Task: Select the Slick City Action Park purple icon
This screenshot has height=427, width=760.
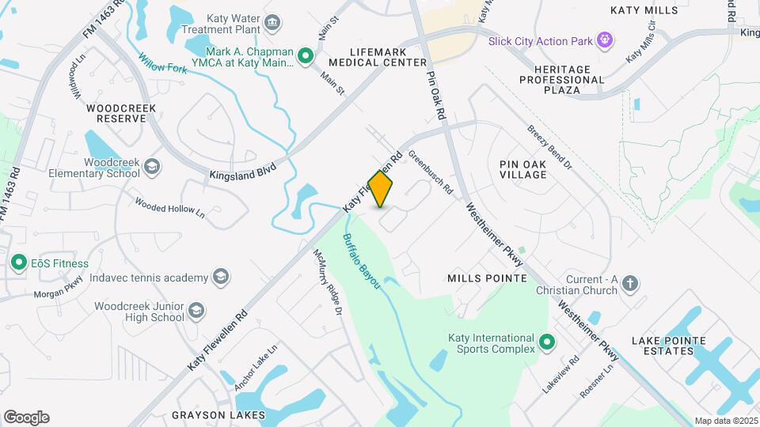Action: click(x=606, y=39)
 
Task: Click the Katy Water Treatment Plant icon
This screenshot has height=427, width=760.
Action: click(x=274, y=22)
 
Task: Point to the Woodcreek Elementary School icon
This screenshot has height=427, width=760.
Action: click(x=152, y=167)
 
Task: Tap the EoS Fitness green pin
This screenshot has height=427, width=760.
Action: click(x=17, y=262)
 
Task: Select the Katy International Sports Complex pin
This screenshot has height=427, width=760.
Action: click(x=546, y=343)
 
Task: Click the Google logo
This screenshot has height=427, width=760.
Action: click(x=26, y=418)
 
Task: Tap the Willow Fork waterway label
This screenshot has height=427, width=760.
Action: click(x=161, y=63)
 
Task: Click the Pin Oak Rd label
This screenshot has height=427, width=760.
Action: click(x=436, y=96)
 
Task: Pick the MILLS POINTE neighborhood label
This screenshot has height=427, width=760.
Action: click(x=487, y=278)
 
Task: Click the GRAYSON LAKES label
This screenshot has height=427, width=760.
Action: click(x=218, y=414)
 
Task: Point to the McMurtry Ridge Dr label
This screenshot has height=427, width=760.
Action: click(x=327, y=284)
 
